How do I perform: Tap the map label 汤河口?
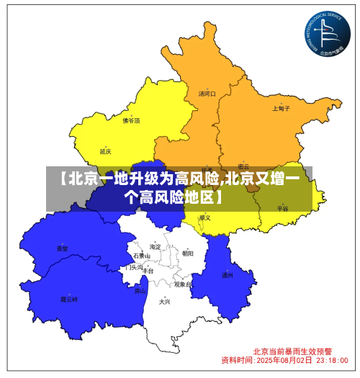[x=207, y=94]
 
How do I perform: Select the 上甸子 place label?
[x=281, y=109]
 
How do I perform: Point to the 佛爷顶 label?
[x=131, y=121]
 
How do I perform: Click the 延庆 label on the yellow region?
[x=106, y=151]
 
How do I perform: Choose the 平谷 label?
[x=282, y=208]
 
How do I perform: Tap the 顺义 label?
[x=205, y=217]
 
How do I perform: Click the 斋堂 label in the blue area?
[x=63, y=248]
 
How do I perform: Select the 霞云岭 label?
[x=68, y=299]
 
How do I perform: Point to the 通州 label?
[x=227, y=275]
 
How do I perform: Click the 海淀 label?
[x=155, y=246]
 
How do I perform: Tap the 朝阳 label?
[x=187, y=253]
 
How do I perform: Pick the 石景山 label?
[x=142, y=256]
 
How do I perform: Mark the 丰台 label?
[x=148, y=271]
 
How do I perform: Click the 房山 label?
[x=140, y=291]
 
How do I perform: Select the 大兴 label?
[x=164, y=302]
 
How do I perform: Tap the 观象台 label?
[x=183, y=284]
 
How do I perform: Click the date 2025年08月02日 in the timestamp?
[x=284, y=359]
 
